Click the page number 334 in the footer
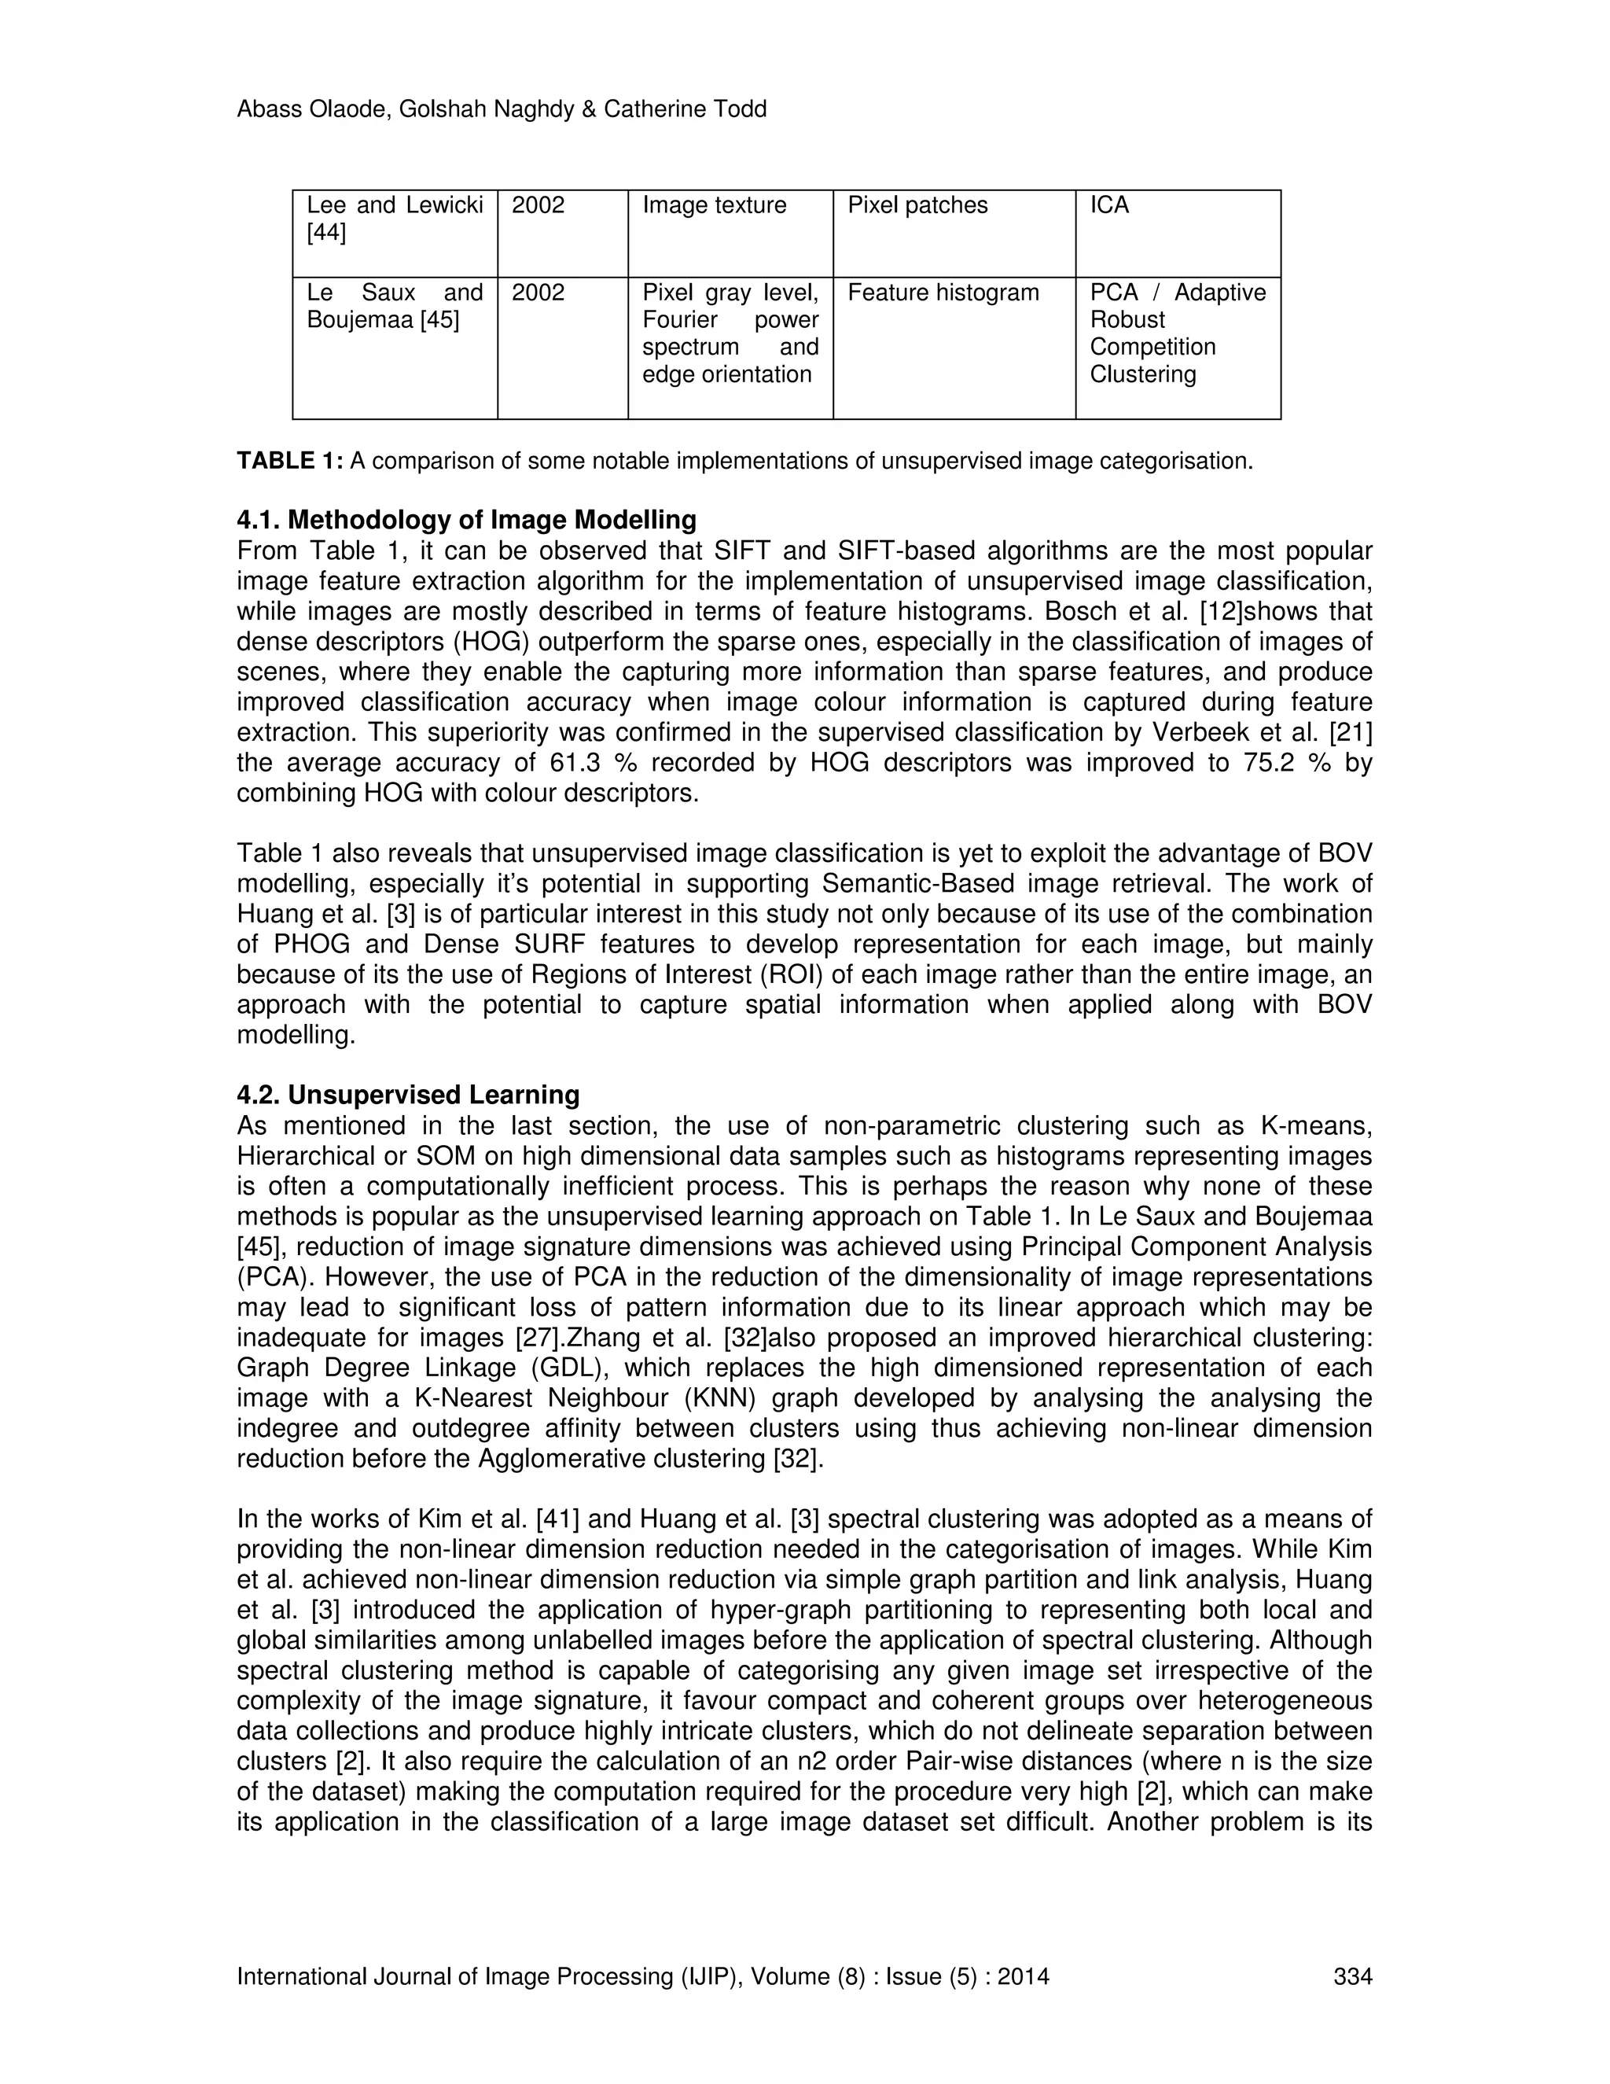coord(1351,1976)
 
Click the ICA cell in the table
coord(1109,205)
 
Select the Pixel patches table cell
coord(917,205)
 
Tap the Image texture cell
coord(714,205)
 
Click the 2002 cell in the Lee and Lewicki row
coord(538,205)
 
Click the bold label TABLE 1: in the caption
coord(290,462)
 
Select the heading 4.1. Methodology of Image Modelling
coord(466,520)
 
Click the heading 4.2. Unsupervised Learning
coord(407,1095)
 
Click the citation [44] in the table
coord(326,233)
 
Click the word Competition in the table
coord(1152,348)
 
